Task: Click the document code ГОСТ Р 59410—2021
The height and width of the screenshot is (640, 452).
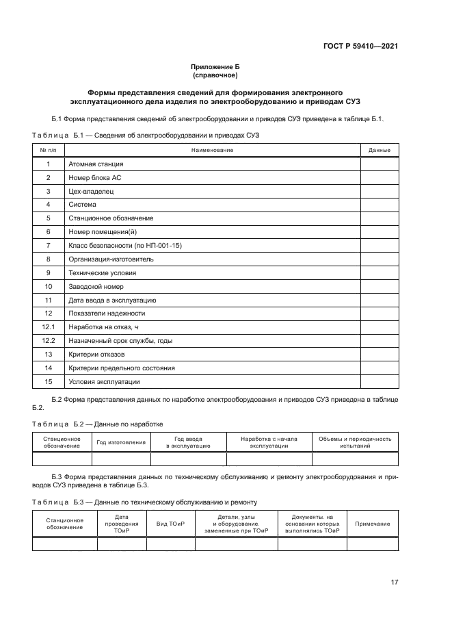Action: [360, 47]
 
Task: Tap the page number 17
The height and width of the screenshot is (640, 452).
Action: [395, 582]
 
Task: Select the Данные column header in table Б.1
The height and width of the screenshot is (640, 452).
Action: [380, 150]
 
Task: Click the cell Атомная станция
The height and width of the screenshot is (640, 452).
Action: [96, 164]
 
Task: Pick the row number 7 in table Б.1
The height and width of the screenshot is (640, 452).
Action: [49, 246]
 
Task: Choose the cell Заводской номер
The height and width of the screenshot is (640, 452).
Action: [96, 286]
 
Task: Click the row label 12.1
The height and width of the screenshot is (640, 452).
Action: [49, 327]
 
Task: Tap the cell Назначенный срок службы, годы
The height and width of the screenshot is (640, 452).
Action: [120, 341]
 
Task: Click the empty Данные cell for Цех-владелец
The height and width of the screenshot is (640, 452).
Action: [380, 191]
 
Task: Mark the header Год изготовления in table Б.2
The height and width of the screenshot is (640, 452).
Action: [121, 442]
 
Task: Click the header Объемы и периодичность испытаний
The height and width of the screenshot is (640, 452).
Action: [355, 442]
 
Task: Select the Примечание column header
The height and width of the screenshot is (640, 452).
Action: [373, 524]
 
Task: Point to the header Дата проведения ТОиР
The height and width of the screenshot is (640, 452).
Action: [122, 524]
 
